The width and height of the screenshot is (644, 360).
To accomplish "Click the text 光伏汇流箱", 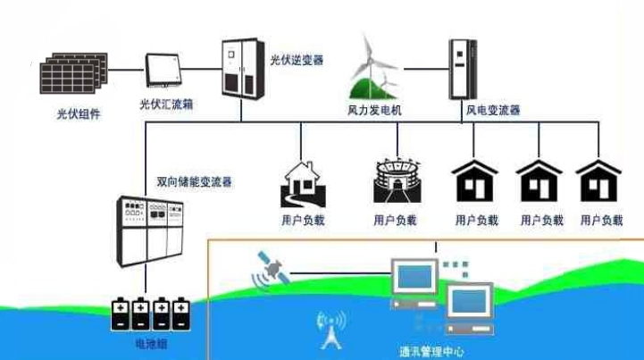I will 167,105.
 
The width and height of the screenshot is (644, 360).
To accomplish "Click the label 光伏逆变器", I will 297,61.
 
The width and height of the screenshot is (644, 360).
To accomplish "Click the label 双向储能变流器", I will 194,181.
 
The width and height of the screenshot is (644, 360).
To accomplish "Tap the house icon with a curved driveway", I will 300,183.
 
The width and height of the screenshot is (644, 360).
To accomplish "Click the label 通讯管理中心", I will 431,351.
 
